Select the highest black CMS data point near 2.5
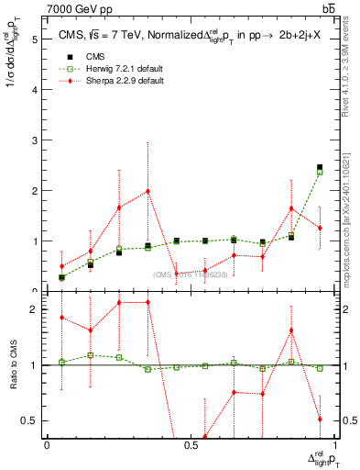tap(319, 167)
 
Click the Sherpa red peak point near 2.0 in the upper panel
tap(147, 191)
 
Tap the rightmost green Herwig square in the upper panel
tap(319, 172)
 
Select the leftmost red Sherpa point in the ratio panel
tap(61, 318)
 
